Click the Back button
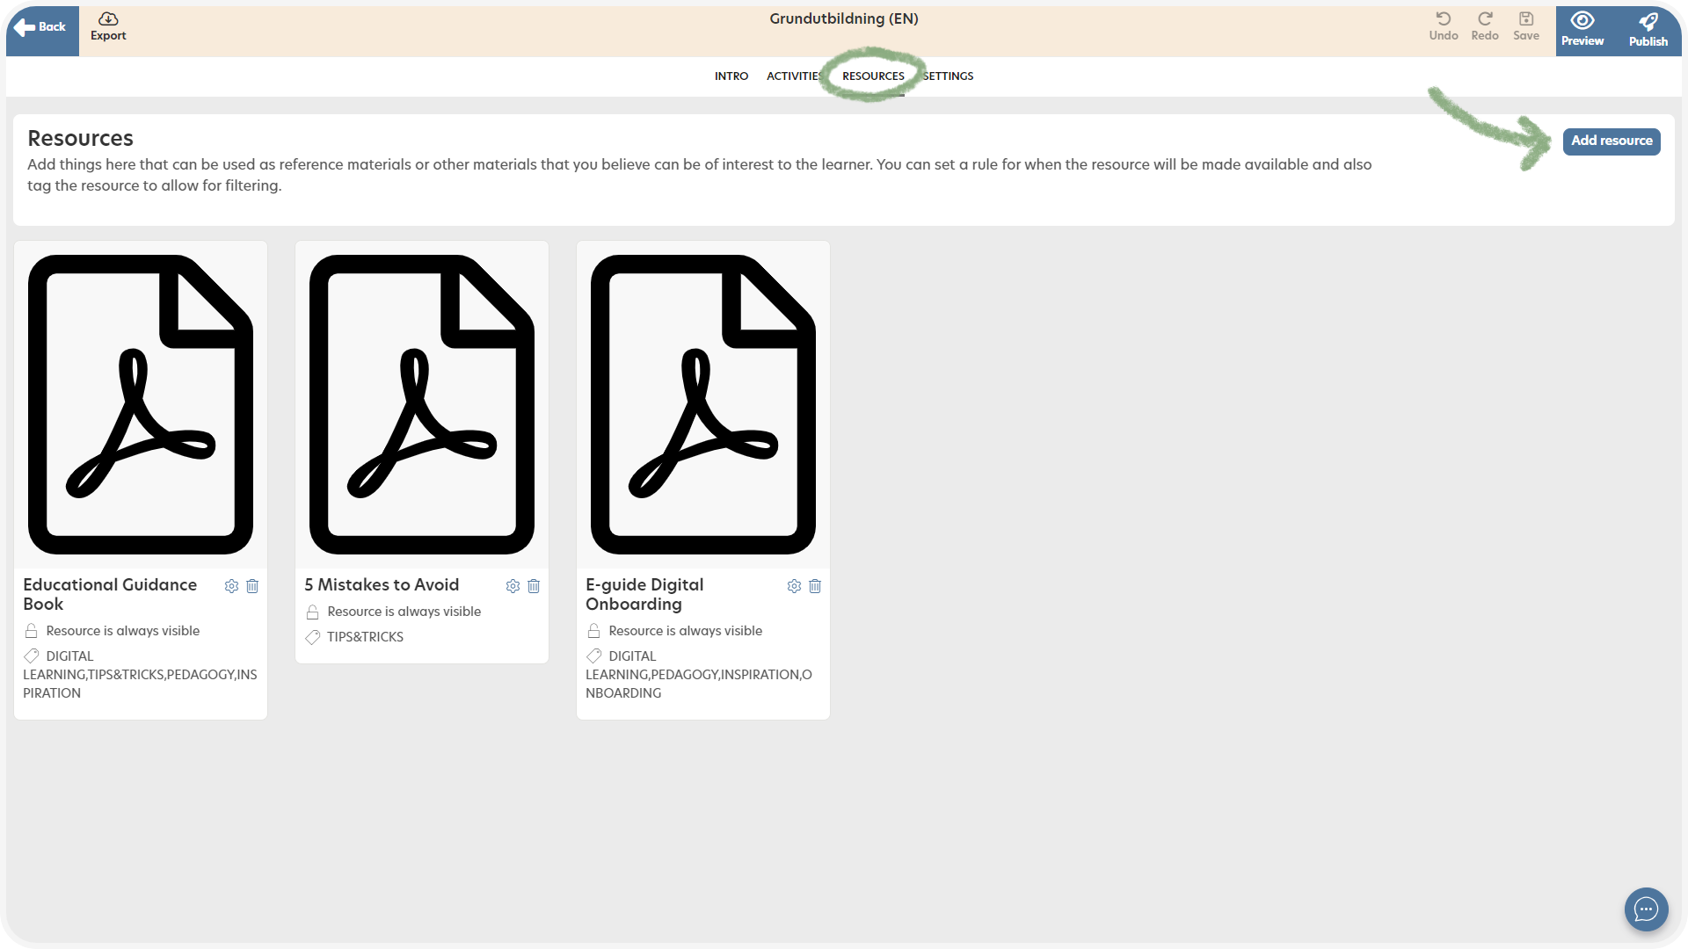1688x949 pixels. [x=41, y=30]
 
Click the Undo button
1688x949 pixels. [x=1444, y=26]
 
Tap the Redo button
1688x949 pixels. [x=1485, y=26]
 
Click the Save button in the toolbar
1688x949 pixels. [x=1526, y=26]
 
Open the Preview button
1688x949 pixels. [x=1582, y=30]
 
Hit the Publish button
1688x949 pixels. [x=1648, y=30]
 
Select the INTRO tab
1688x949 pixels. [x=731, y=76]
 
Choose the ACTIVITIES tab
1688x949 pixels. [x=795, y=76]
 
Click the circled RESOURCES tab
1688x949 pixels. [x=873, y=76]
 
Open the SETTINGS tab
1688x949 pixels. [x=948, y=76]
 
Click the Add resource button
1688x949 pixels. [x=1612, y=141]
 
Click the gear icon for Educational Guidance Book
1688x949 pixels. [x=231, y=586]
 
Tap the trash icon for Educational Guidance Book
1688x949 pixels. [x=252, y=586]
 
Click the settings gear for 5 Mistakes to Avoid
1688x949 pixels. [x=513, y=586]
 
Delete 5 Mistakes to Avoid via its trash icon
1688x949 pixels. [x=534, y=586]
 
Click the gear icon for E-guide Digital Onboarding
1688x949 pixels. [x=794, y=586]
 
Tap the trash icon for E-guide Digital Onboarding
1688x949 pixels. [x=815, y=586]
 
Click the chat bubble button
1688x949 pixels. [x=1646, y=909]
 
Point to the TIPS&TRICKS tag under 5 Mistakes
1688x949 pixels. [x=365, y=637]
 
